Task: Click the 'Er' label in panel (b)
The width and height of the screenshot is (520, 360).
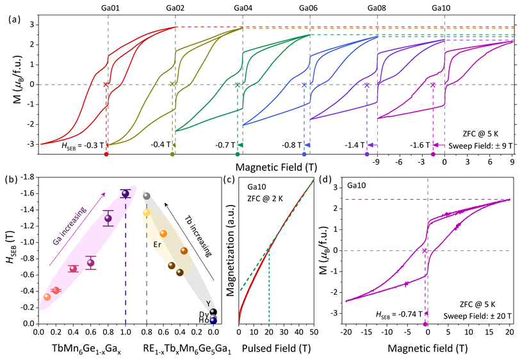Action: click(x=156, y=244)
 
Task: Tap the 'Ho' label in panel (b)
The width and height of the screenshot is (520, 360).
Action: click(x=204, y=320)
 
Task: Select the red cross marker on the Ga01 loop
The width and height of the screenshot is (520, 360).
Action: click(x=106, y=85)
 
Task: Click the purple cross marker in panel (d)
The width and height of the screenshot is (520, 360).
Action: click(x=425, y=250)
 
